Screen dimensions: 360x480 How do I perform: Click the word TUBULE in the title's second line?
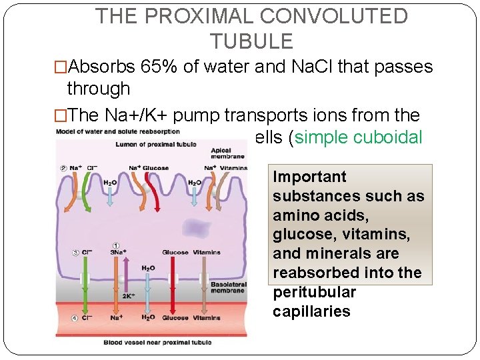251,42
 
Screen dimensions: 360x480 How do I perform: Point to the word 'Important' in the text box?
310,177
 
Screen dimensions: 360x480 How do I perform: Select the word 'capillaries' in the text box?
311,311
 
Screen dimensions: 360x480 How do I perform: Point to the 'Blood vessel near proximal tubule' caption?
157,343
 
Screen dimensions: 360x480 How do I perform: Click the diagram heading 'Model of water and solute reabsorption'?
100,131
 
